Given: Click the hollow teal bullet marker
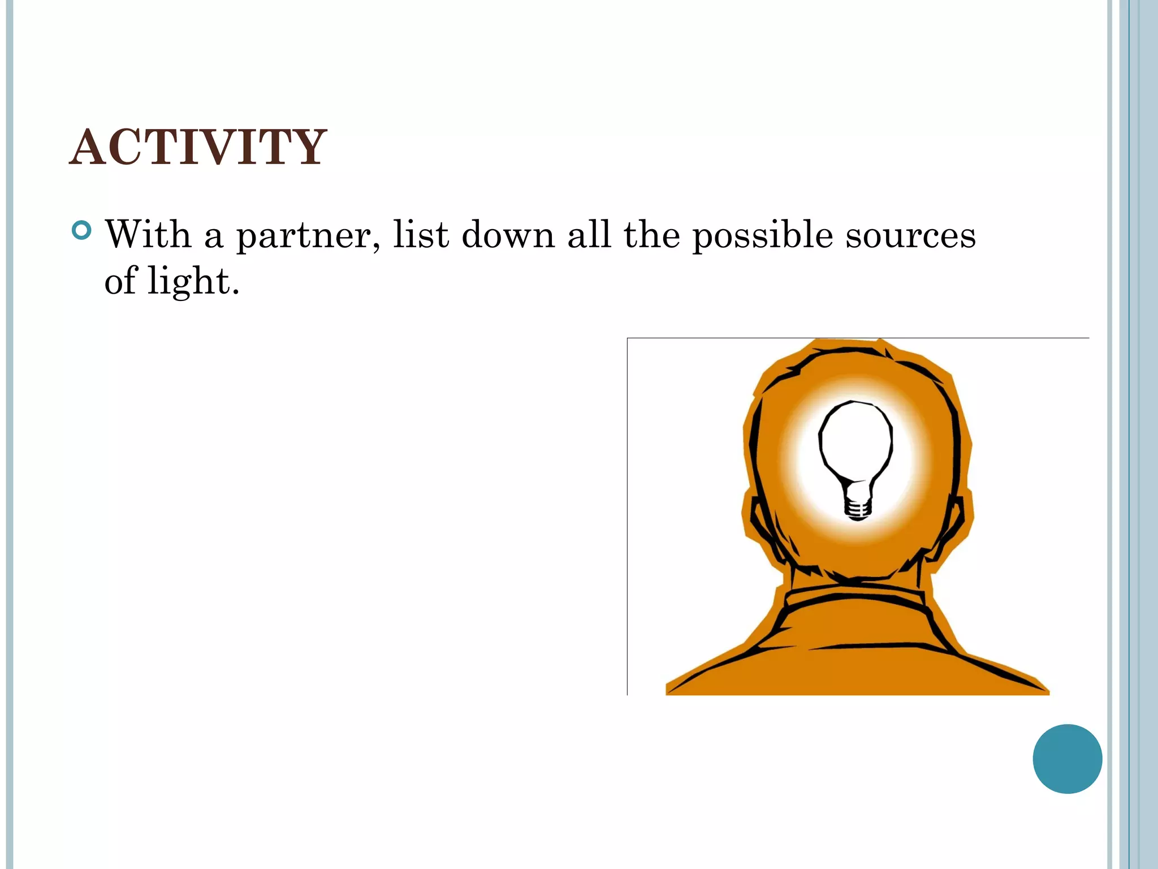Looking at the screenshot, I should [x=83, y=231].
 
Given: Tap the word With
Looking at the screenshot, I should [x=148, y=234].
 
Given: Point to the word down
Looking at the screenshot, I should [x=508, y=234].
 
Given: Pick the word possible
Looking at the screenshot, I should [x=763, y=236].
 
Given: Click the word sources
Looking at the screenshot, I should [x=910, y=236].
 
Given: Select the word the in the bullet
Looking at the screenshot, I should [x=652, y=234].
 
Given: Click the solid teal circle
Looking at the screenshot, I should [x=1067, y=759].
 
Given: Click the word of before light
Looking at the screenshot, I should [x=120, y=282].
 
